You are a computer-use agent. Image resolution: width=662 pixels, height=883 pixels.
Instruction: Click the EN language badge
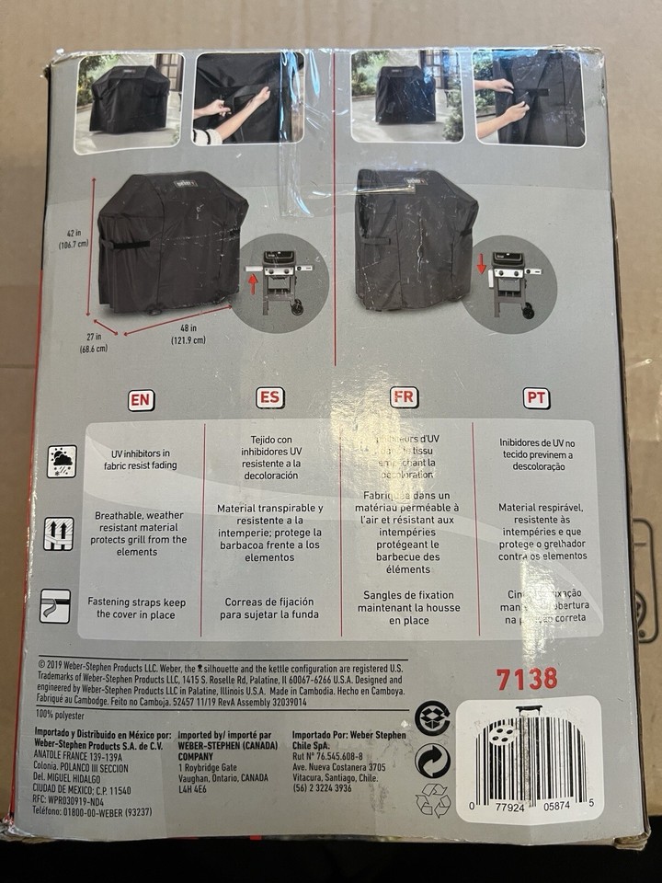click(141, 400)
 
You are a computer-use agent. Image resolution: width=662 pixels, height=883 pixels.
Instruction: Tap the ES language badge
click(270, 398)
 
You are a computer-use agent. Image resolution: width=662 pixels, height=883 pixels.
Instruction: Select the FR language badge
click(403, 397)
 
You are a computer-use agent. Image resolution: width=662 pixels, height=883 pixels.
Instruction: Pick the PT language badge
click(536, 398)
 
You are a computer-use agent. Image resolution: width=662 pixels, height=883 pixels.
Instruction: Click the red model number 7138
click(526, 680)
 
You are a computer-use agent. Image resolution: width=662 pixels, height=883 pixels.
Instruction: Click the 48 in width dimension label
click(188, 332)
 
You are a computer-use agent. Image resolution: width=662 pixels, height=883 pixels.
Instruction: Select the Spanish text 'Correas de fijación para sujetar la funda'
click(269, 609)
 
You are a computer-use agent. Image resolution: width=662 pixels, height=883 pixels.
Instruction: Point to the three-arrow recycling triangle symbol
click(433, 801)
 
